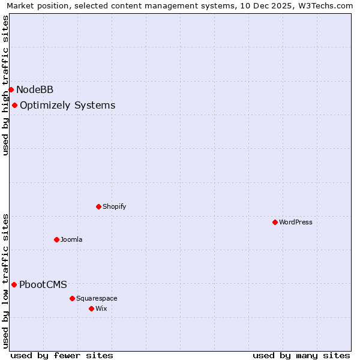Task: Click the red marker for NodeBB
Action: (x=11, y=90)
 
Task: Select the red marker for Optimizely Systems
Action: (x=14, y=106)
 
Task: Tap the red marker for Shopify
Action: (x=98, y=207)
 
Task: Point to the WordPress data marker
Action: (x=275, y=223)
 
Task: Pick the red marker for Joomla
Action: (x=56, y=240)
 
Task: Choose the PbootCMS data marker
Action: (x=14, y=285)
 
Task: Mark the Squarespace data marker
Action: (x=72, y=299)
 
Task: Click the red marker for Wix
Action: (x=91, y=309)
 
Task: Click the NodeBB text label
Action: (x=35, y=90)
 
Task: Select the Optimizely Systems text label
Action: (x=67, y=106)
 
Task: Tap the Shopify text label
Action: (x=114, y=207)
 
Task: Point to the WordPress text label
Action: (x=296, y=223)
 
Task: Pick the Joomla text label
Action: (x=71, y=240)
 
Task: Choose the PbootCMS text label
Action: (x=43, y=285)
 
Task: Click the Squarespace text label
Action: (x=97, y=299)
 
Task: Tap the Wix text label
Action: (x=101, y=309)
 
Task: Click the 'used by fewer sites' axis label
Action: (x=62, y=355)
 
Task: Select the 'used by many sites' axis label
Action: (x=301, y=355)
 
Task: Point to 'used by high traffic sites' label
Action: (x=6, y=85)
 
